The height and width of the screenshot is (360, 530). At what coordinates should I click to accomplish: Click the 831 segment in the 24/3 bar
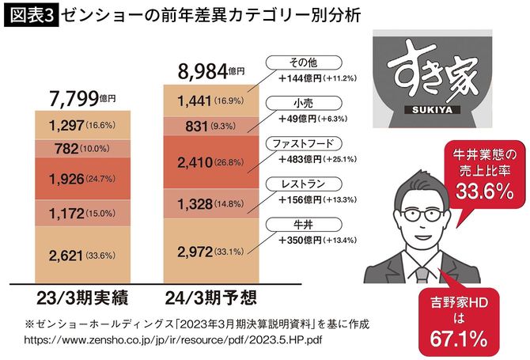pyautogui.click(x=210, y=124)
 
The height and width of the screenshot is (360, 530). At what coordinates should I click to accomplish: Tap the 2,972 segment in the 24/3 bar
pyautogui.click(x=210, y=252)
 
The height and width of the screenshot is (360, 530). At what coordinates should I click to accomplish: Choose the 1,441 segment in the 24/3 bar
pyautogui.click(x=210, y=100)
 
